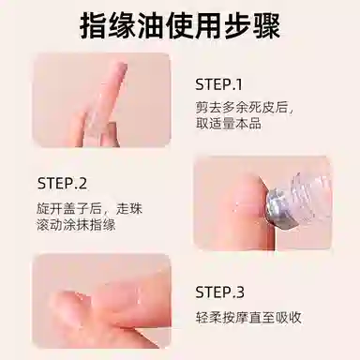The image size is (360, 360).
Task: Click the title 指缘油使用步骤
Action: pyautogui.click(x=179, y=25)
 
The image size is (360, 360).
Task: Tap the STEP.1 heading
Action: pyautogui.click(x=217, y=82)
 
